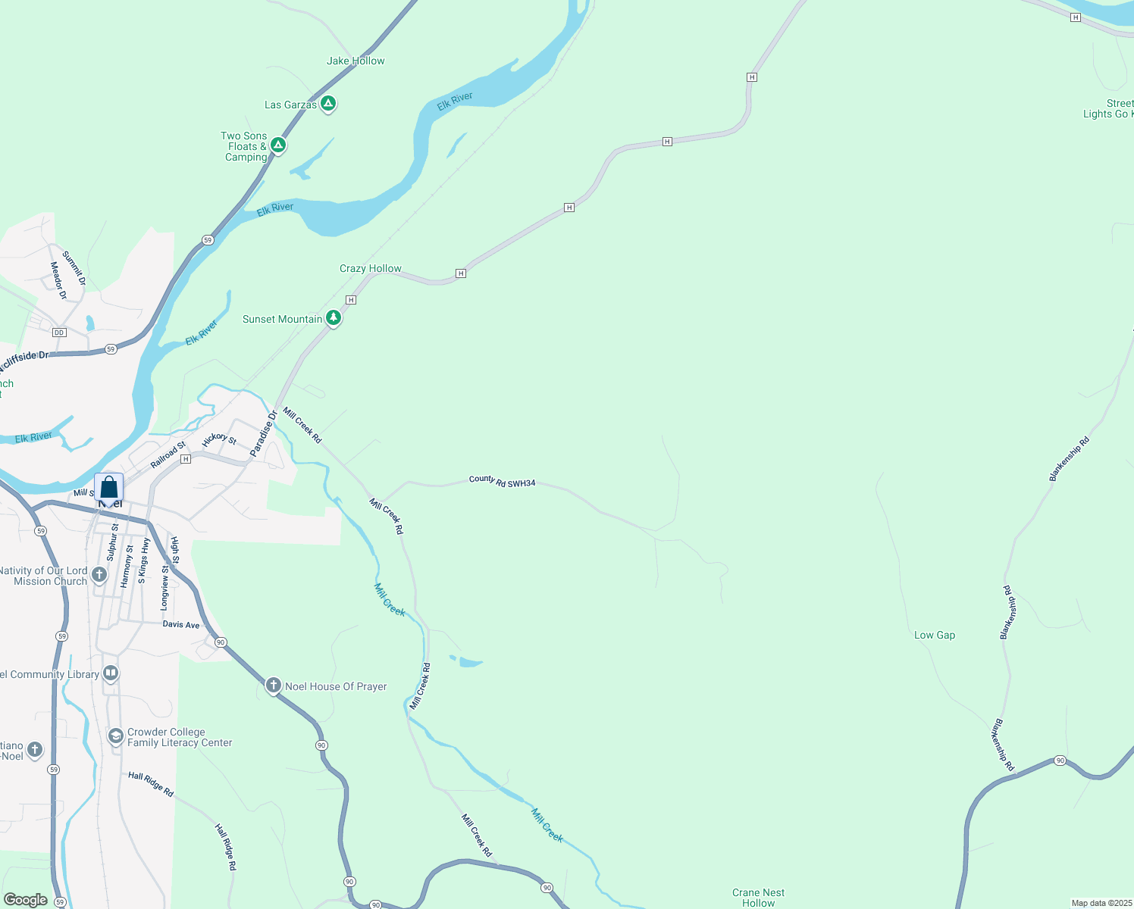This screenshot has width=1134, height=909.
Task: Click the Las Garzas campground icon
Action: [x=328, y=104]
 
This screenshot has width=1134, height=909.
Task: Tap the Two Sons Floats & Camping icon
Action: [x=278, y=145]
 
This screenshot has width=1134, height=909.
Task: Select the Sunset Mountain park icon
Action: [x=333, y=318]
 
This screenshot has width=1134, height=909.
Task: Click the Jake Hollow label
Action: [x=356, y=61]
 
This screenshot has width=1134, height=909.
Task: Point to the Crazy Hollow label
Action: [x=370, y=268]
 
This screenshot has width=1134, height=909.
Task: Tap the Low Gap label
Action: [x=934, y=635]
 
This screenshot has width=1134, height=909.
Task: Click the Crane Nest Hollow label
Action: [x=758, y=898]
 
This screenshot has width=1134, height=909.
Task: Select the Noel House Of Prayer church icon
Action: [x=274, y=686]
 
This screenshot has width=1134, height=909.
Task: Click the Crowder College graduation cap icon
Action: [x=115, y=736]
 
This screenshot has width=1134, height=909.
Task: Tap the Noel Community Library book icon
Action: [x=111, y=673]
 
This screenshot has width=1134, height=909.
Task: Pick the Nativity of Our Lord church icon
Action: [x=99, y=575]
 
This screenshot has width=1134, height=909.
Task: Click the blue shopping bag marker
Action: [x=109, y=487]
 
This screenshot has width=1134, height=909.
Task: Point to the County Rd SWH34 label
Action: [x=502, y=481]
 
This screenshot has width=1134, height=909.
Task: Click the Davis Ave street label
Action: [x=181, y=624]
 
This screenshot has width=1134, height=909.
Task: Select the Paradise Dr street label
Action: [x=264, y=433]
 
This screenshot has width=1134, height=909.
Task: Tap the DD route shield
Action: [x=59, y=333]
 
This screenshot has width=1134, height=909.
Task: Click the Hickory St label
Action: [x=220, y=439]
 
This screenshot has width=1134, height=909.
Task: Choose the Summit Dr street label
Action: [x=74, y=268]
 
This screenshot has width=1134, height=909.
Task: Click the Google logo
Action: [x=26, y=900]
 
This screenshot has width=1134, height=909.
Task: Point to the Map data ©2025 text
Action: [x=1101, y=903]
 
